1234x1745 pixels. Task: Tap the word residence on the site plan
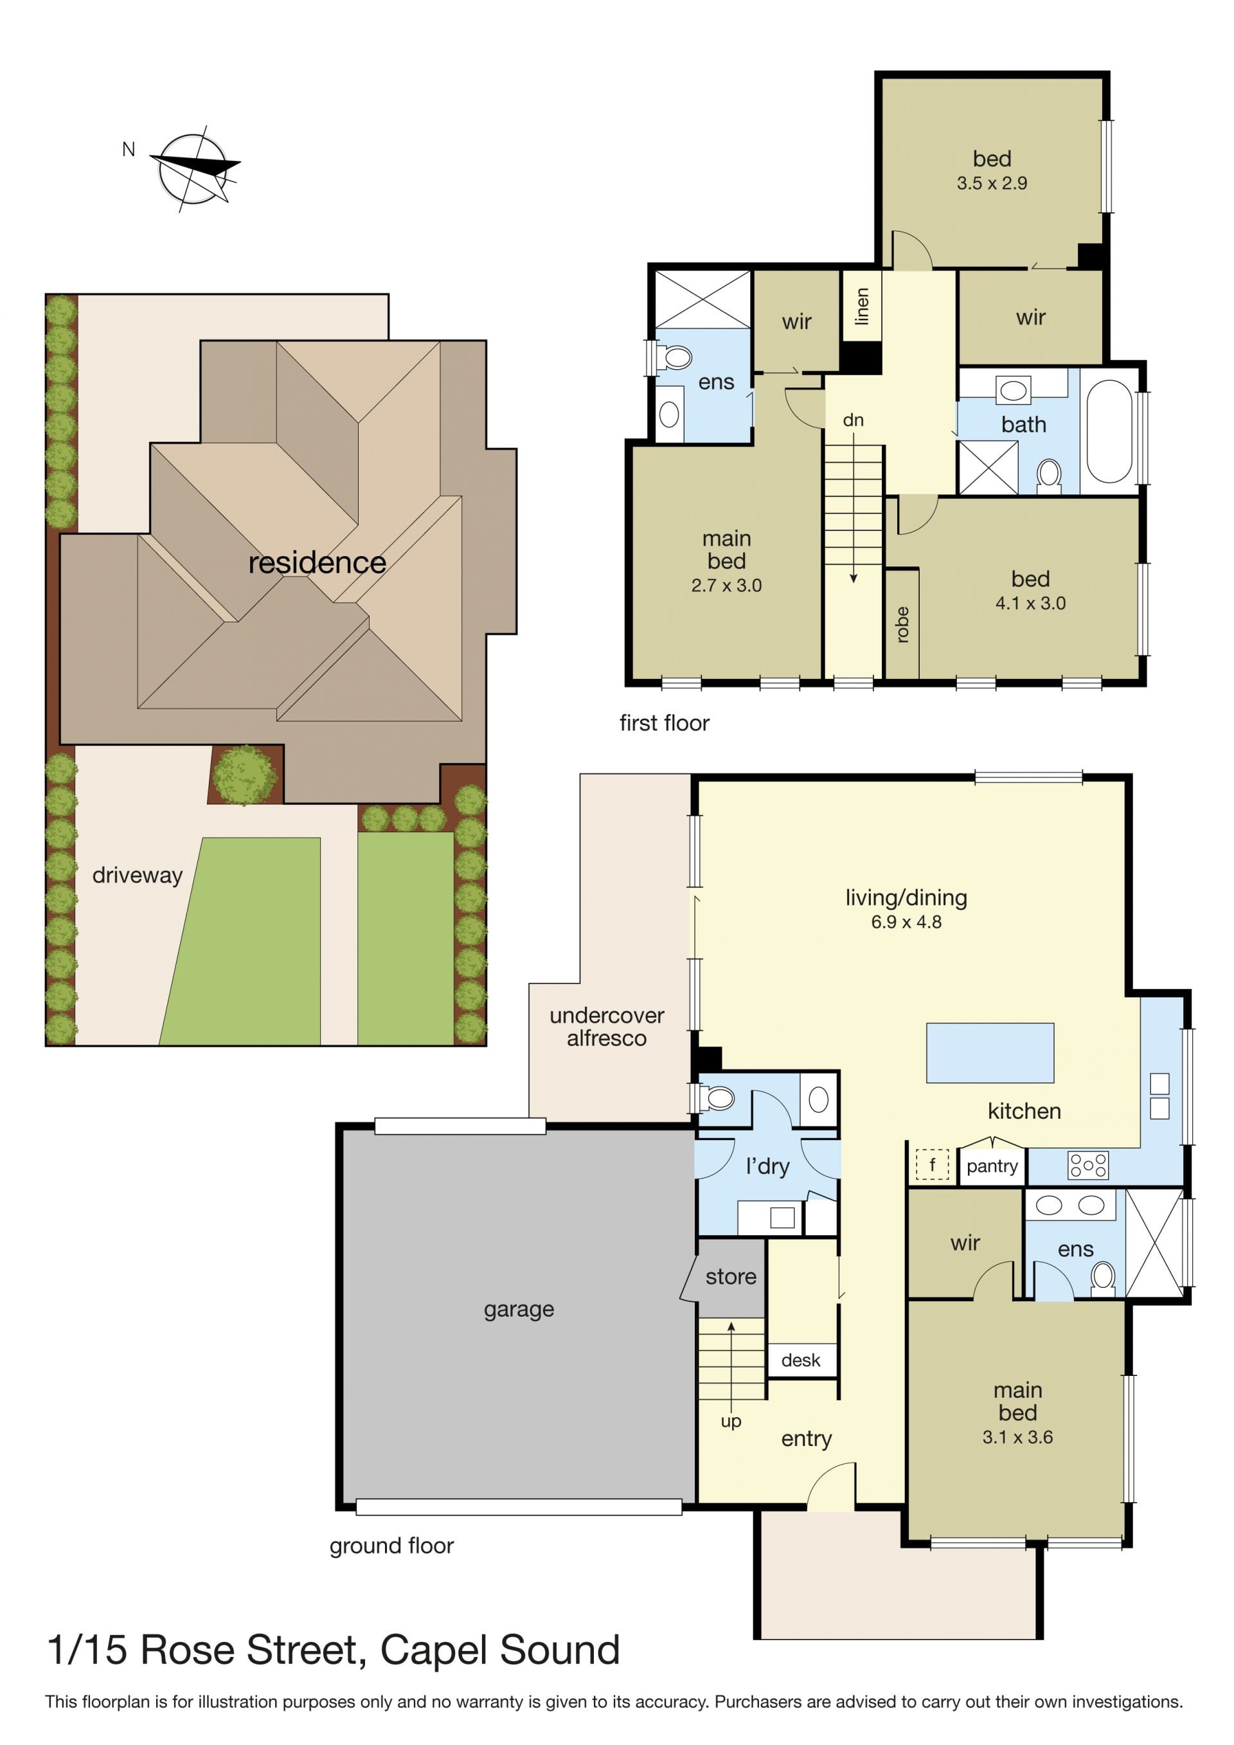(x=317, y=563)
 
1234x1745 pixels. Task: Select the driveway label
(x=138, y=875)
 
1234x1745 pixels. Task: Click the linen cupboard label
(x=862, y=306)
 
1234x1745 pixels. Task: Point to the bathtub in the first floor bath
(x=1109, y=431)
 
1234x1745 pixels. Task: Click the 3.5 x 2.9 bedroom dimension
(x=992, y=183)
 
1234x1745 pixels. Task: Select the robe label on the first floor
(x=903, y=625)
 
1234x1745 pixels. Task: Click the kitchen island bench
(x=990, y=1053)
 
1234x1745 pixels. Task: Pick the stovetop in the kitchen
(x=1088, y=1165)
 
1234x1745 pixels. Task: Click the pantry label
(x=992, y=1166)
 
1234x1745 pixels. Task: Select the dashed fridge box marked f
(x=933, y=1164)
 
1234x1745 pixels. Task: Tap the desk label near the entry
(x=801, y=1361)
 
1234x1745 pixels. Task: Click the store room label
(x=731, y=1277)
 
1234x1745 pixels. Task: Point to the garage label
(x=519, y=1310)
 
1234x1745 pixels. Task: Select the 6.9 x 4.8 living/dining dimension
(x=906, y=922)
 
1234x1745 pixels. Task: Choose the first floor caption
(x=664, y=723)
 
